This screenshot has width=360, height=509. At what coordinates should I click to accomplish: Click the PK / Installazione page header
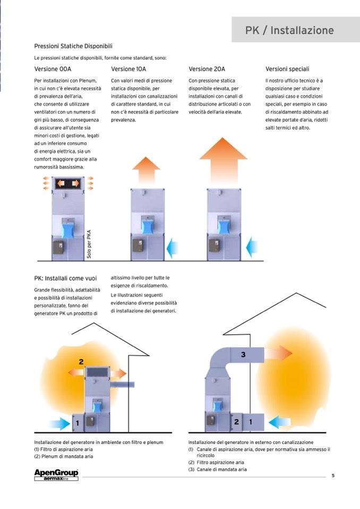click(289, 30)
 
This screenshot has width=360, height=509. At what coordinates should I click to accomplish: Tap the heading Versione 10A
click(128, 69)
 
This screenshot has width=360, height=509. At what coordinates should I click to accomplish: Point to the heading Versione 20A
click(207, 69)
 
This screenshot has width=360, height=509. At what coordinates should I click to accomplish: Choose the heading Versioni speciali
click(287, 69)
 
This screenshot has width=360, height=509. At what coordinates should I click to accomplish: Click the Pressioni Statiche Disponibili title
click(73, 46)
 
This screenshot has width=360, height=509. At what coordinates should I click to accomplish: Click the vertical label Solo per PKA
click(89, 244)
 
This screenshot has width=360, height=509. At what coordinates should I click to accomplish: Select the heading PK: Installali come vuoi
click(65, 278)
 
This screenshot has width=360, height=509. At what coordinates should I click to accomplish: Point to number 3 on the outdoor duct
click(243, 355)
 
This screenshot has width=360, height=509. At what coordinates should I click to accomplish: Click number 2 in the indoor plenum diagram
click(81, 362)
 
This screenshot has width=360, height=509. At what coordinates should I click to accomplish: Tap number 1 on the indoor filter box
click(78, 423)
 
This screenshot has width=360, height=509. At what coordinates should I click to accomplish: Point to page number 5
click(333, 475)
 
